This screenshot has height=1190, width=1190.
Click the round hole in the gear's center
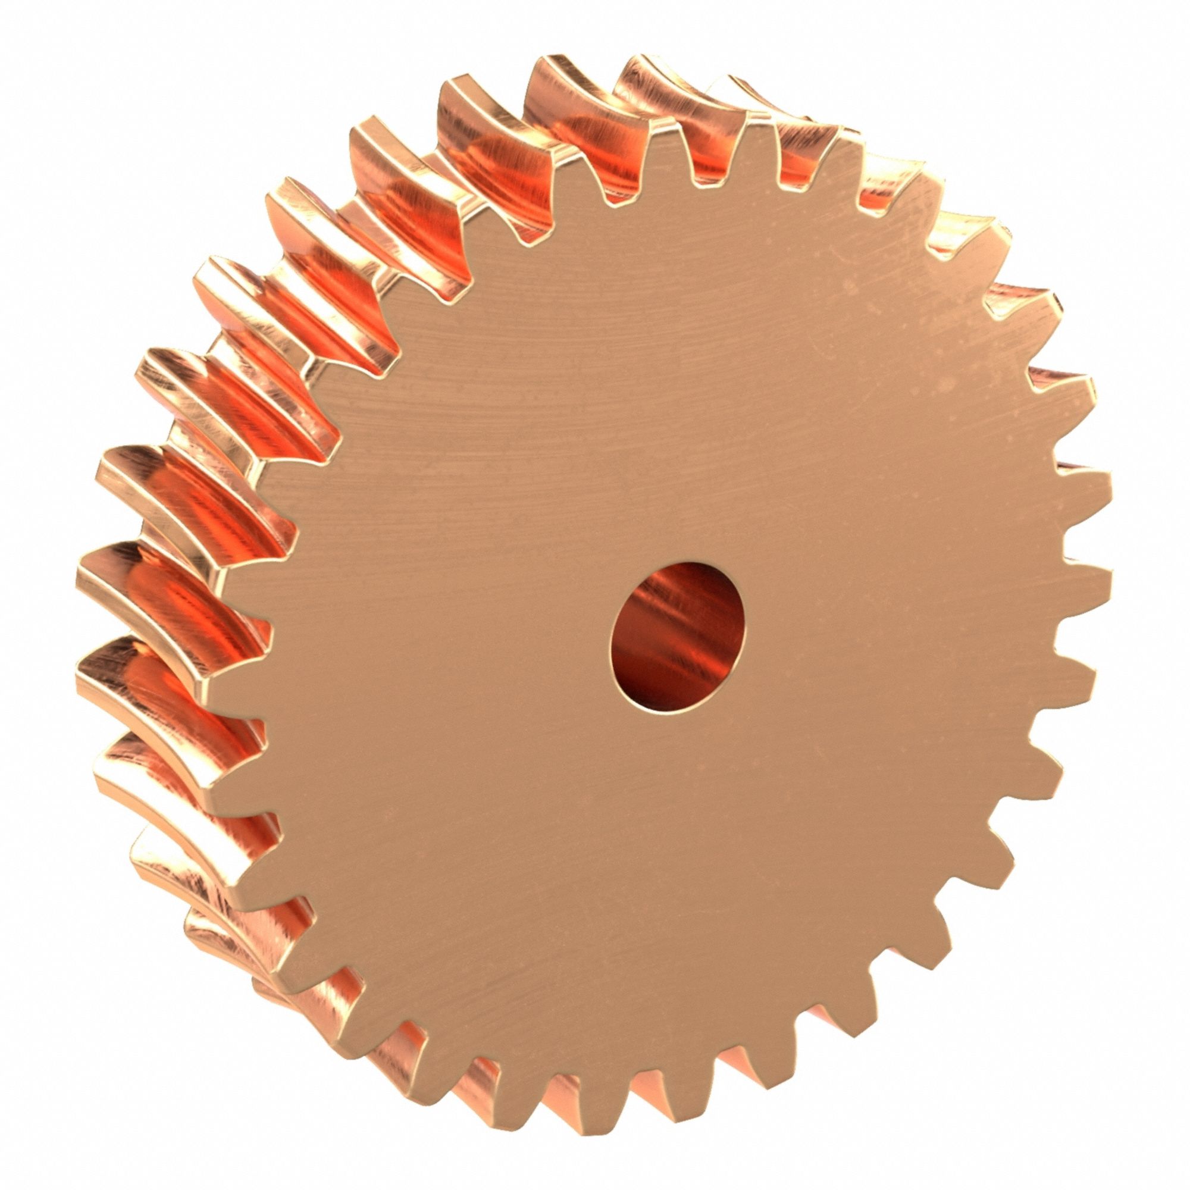678,637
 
